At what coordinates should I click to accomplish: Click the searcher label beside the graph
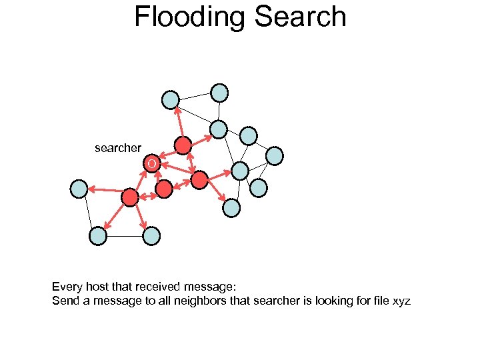pyautogui.click(x=118, y=148)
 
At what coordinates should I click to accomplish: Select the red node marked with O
pyautogui.click(x=153, y=164)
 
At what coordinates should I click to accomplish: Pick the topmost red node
pyautogui.click(x=183, y=145)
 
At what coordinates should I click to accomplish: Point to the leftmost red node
pyautogui.click(x=130, y=197)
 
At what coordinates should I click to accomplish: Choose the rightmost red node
pyautogui.click(x=199, y=179)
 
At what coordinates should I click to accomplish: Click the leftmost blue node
pyautogui.click(x=79, y=189)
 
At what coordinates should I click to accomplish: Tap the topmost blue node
pyautogui.click(x=219, y=93)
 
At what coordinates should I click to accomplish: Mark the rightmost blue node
pyautogui.click(x=275, y=156)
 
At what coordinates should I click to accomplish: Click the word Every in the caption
pyautogui.click(x=67, y=287)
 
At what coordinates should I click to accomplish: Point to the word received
pyautogui.click(x=158, y=287)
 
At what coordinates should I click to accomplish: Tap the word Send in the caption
pyautogui.click(x=64, y=301)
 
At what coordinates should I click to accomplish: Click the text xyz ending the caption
pyautogui.click(x=401, y=302)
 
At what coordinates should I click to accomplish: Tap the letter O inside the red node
pyautogui.click(x=152, y=164)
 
